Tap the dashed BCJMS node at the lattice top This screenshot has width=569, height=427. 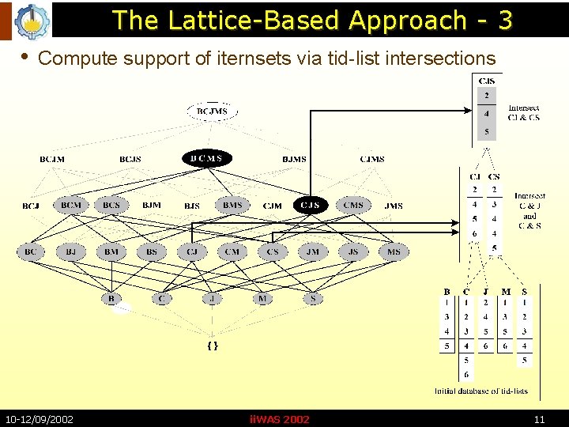[212, 111]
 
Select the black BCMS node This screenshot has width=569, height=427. [207, 159]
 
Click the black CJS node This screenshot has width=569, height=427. [311, 206]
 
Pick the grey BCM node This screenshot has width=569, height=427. [71, 206]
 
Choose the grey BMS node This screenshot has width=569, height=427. [232, 206]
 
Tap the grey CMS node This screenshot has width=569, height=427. [353, 206]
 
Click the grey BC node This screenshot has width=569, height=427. [30, 252]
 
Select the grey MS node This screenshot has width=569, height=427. [394, 252]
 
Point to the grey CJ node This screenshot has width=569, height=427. [192, 252]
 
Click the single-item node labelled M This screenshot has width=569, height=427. [262, 299]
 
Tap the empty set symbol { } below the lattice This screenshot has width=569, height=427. [212, 346]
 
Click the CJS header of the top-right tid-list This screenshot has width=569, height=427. [487, 81]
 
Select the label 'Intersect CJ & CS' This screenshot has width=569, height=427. [524, 112]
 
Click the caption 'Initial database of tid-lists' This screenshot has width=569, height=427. [481, 391]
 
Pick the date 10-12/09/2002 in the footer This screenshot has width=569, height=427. [40, 419]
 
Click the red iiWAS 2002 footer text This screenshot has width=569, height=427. [279, 419]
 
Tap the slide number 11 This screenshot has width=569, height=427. [540, 419]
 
